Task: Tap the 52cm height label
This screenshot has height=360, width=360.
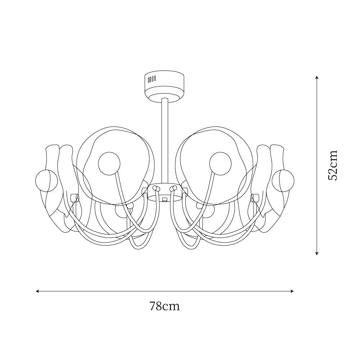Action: [333, 165]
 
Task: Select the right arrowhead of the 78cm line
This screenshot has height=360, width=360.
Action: [292, 291]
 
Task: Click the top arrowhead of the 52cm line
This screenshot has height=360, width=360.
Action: [317, 78]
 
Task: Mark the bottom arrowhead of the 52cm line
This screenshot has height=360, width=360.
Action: [317, 253]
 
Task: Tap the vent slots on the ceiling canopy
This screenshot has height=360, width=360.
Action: [152, 79]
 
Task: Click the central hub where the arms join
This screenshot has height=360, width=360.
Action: [165, 192]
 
